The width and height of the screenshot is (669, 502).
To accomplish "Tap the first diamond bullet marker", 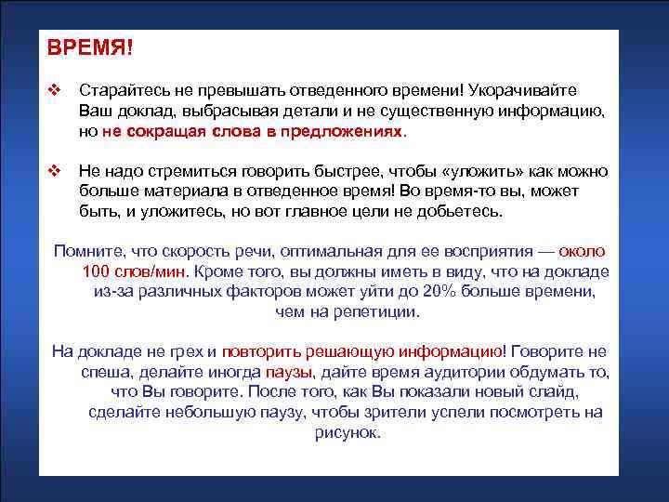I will [x=54, y=91].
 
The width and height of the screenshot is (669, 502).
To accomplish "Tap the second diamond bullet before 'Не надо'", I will [x=54, y=171].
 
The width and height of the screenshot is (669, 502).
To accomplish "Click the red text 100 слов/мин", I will [x=134, y=271].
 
